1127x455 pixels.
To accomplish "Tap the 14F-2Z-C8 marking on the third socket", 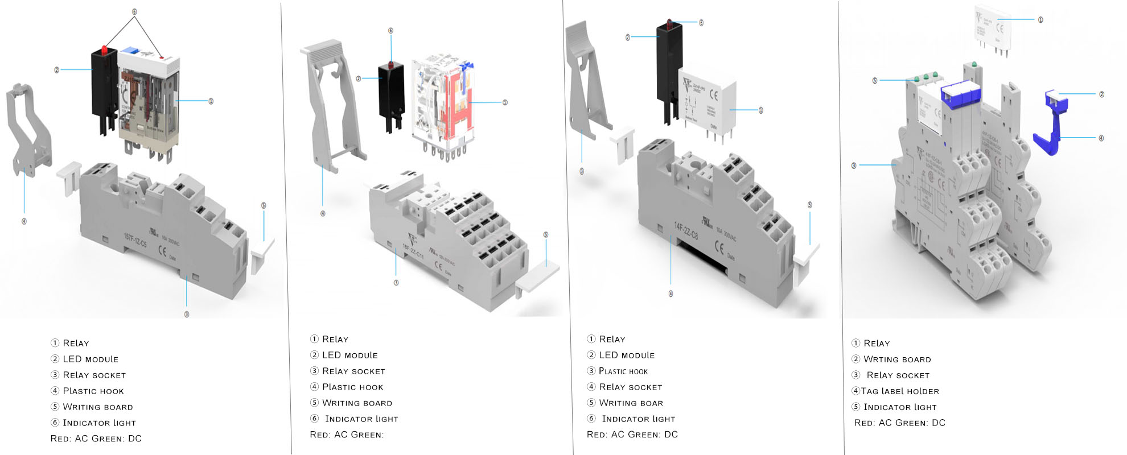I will point(686,230).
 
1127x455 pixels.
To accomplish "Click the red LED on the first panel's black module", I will point(104,51).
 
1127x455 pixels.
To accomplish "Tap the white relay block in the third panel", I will point(708,102).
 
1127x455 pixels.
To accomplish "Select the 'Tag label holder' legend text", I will point(900,391).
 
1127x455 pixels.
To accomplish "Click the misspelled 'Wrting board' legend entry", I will point(897,359).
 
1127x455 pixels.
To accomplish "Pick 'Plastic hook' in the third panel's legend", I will point(623,371).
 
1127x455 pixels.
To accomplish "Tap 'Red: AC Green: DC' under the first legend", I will point(96,439).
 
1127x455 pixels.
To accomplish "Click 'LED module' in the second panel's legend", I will point(349,355).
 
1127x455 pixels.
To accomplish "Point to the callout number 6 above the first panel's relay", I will point(134,11).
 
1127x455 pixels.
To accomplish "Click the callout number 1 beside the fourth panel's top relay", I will point(1040,19).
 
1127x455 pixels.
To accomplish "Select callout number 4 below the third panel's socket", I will point(671,293).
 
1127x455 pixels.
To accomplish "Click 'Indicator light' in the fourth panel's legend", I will point(900,407).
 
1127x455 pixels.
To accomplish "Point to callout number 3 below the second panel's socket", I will point(396,283).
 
